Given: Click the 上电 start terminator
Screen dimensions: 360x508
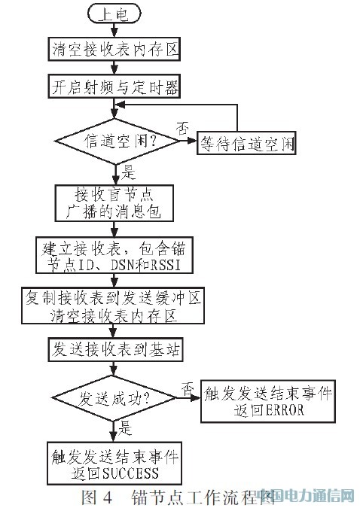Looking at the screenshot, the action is point(114,14).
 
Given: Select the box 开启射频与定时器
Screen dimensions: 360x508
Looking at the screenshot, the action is point(114,87).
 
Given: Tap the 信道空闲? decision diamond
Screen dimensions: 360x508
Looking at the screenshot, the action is point(117,141).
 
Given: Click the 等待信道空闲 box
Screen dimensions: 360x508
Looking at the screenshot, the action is point(246,143).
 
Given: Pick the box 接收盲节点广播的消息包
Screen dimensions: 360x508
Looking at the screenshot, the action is point(114,203).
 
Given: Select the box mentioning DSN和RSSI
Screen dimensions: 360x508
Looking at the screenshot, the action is point(114,256).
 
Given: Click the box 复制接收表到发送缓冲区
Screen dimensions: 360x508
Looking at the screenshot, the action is point(113,306).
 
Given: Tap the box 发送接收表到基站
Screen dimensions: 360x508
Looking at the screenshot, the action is point(116,349).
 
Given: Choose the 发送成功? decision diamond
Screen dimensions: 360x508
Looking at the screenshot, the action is point(114,398).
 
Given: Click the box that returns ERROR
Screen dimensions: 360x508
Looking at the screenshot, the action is point(268,401).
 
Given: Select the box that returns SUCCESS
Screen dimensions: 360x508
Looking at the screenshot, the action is point(114,464).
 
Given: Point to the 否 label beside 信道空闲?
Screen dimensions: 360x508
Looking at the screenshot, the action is point(182,129).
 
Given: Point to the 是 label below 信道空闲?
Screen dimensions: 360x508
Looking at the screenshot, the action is point(129,172).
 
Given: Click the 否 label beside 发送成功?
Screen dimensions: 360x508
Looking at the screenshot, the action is point(187,388).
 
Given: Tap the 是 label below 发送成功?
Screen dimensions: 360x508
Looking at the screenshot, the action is point(126,428).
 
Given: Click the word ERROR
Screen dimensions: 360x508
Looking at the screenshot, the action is point(285,410).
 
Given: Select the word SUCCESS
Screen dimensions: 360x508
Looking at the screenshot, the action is point(131,473).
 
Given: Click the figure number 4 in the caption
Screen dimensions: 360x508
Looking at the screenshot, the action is point(108,497).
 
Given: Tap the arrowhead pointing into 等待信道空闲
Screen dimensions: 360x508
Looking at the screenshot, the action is point(193,141).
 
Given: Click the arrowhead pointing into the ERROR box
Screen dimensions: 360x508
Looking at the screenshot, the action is point(196,398).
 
